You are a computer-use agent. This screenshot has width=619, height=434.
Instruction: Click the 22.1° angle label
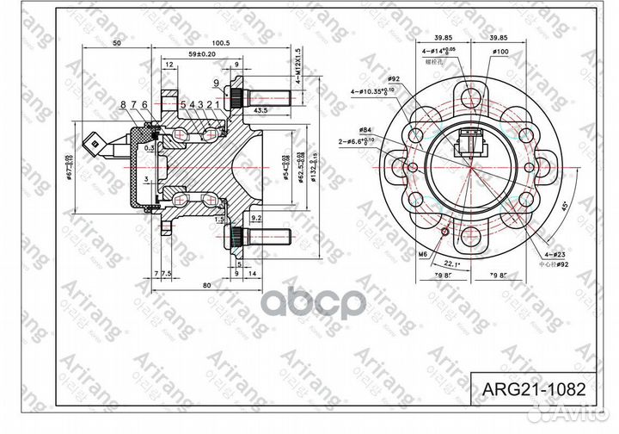[x=453, y=263]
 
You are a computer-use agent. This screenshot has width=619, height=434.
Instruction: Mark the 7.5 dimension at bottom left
[x=167, y=273]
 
